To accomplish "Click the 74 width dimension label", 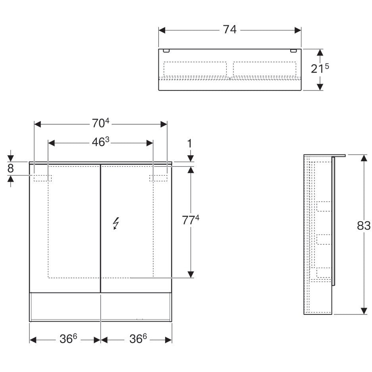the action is (229, 30).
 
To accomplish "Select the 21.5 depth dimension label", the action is (320, 68).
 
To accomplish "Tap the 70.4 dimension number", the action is (100, 123).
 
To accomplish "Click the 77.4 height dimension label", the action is (191, 220).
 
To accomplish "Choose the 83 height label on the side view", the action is (364, 226).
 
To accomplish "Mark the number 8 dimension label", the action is (10, 168).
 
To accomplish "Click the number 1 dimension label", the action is (189, 144).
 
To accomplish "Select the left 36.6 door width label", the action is (68, 339).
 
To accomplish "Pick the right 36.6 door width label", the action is (138, 339).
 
